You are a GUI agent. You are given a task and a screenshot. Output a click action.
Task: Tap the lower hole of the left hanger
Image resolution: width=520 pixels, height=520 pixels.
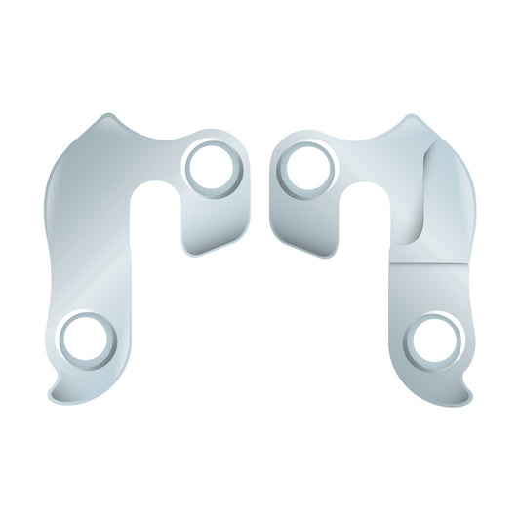(88, 342)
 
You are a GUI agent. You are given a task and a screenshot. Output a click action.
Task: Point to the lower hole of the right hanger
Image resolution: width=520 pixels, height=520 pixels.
(433, 343)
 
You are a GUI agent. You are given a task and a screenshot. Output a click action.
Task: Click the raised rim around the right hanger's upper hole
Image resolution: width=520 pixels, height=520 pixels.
(307, 146)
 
